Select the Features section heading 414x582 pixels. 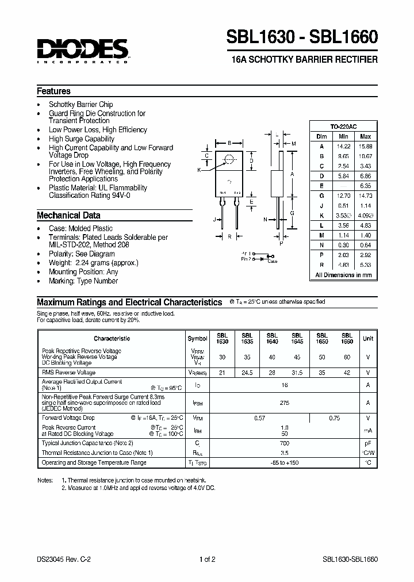[x=53, y=91]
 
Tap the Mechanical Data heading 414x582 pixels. [x=68, y=216]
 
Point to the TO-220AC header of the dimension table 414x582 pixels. [x=344, y=127]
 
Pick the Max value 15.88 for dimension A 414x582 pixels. [x=365, y=146]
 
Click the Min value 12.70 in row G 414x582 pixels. [x=344, y=196]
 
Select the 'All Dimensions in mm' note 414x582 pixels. [x=344, y=275]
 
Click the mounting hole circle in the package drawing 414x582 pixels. [x=229, y=159]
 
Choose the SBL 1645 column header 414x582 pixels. [x=297, y=338]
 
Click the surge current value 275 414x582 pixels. [x=284, y=404]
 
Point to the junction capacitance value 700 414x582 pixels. [x=284, y=443]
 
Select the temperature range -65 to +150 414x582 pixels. [x=284, y=462]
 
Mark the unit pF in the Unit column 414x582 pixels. [x=368, y=443]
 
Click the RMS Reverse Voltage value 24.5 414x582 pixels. [x=247, y=372]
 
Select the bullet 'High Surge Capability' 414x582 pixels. [x=82, y=139]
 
